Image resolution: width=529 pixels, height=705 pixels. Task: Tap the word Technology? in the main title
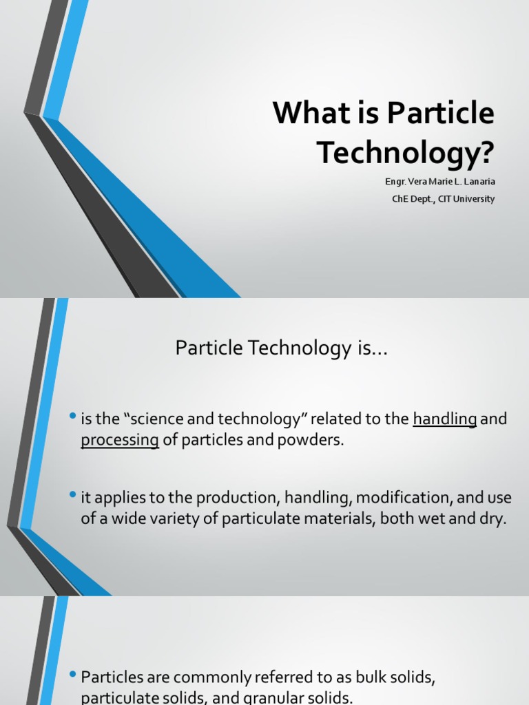pyautogui.click(x=406, y=153)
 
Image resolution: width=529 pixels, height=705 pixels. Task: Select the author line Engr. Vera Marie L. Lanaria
pyautogui.click(x=439, y=182)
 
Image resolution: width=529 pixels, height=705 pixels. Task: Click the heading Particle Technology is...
pyautogui.click(x=282, y=349)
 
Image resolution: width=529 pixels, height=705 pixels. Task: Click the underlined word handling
pyautogui.click(x=445, y=419)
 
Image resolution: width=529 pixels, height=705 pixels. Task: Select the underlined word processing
pyautogui.click(x=120, y=440)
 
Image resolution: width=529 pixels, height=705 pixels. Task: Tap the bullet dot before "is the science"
pyautogui.click(x=73, y=418)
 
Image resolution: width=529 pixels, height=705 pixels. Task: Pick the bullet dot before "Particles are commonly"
pyautogui.click(x=73, y=676)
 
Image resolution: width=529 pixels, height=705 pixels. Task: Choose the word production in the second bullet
pyautogui.click(x=236, y=498)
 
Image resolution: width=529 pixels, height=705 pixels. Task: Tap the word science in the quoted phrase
pyautogui.click(x=143, y=419)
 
